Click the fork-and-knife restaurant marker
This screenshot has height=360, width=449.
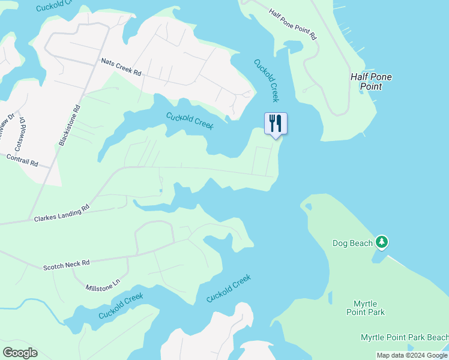(x=276, y=124)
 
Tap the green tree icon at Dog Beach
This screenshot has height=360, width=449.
(x=382, y=242)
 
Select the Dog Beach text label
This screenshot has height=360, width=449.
(x=352, y=243)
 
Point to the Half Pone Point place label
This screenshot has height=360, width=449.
(x=366, y=82)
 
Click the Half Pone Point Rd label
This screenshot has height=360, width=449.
(x=293, y=25)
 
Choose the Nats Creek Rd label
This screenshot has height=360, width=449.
(x=121, y=67)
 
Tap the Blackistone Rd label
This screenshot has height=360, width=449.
(x=69, y=126)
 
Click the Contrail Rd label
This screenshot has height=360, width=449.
(x=22, y=160)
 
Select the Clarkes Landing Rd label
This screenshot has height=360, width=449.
(x=61, y=212)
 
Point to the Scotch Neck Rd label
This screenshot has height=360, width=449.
(x=66, y=264)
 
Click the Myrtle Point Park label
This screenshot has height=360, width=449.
(x=366, y=308)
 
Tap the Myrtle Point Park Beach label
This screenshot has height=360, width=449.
(x=404, y=338)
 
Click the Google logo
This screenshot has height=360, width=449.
(x=20, y=353)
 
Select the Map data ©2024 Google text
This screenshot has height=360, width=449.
(x=412, y=355)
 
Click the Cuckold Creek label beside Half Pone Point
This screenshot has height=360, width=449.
(x=266, y=80)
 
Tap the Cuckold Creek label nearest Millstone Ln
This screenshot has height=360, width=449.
(x=121, y=306)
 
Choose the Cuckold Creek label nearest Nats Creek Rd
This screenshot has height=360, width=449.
(x=190, y=119)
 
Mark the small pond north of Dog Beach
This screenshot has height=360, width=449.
(x=308, y=207)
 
